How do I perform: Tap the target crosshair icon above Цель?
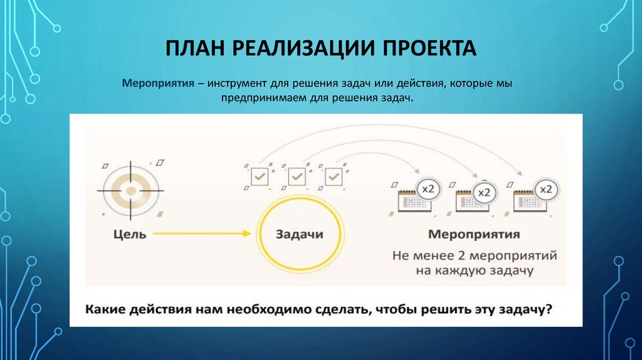click(130, 189)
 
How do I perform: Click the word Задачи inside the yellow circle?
click(300, 235)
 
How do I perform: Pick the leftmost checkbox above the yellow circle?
click(259, 177)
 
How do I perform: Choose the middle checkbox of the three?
click(297, 177)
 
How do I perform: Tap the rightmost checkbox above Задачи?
click(334, 177)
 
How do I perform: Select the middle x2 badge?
click(484, 192)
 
